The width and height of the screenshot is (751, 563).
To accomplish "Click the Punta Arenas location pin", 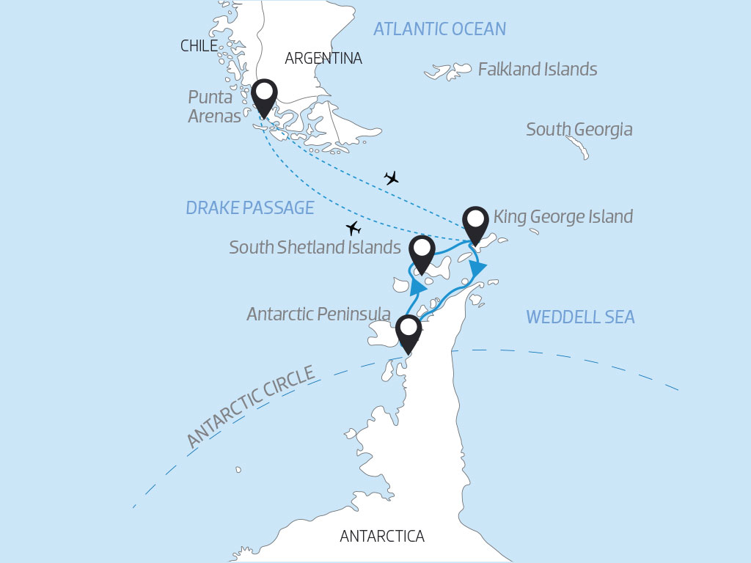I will click(264, 97).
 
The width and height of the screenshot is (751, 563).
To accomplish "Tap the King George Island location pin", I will click(475, 222).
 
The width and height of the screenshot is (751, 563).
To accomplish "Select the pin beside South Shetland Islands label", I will click(422, 252).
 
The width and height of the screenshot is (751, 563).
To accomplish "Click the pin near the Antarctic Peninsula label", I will click(409, 331).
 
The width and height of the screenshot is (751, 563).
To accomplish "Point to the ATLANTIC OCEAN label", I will click(439, 29).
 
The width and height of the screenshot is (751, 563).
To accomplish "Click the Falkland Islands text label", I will click(537, 70).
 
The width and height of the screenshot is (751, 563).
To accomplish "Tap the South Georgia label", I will click(579, 130).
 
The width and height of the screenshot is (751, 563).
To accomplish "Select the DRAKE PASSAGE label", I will click(249, 208).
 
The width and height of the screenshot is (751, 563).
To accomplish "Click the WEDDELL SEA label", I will click(580, 317).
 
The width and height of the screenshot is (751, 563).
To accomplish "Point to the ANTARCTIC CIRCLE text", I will click(250, 407).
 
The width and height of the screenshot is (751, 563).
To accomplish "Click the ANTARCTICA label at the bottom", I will click(381, 537).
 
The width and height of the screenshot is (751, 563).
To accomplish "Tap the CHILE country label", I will click(199, 46).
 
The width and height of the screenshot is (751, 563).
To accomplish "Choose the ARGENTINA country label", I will click(323, 58).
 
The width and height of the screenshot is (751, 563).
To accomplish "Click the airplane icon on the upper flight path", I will click(392, 178).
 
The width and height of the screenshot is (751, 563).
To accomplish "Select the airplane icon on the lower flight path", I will click(354, 227).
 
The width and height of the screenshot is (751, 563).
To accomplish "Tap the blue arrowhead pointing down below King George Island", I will click(477, 269).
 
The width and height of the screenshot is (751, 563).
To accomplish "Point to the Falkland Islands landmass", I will click(448, 72).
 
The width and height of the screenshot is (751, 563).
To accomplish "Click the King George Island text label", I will click(563, 217).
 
